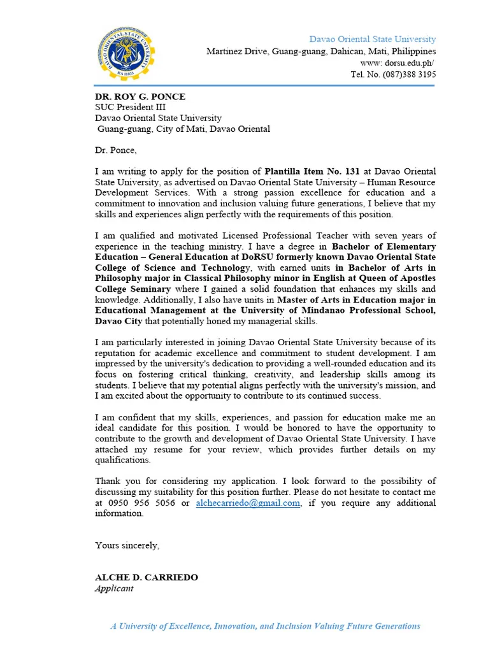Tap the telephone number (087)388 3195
pyautogui.click(x=408, y=75)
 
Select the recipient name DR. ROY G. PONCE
pyautogui.click(x=140, y=97)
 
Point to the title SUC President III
pyautogui.click(x=130, y=108)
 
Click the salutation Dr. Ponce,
pyautogui.click(x=116, y=150)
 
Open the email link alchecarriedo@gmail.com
pyautogui.click(x=248, y=503)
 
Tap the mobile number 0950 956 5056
pyautogui.click(x=141, y=503)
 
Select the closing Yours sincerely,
pyautogui.click(x=127, y=545)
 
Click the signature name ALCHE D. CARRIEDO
pyautogui.click(x=147, y=578)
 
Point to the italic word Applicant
pyautogui.click(x=114, y=589)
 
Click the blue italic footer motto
pyautogui.click(x=265, y=626)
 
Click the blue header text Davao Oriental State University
pyautogui.click(x=373, y=39)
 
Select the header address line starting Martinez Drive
pyautogui.click(x=321, y=52)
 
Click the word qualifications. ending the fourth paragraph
pyautogui.click(x=123, y=461)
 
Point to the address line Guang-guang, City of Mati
pyautogui.click(x=183, y=129)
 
